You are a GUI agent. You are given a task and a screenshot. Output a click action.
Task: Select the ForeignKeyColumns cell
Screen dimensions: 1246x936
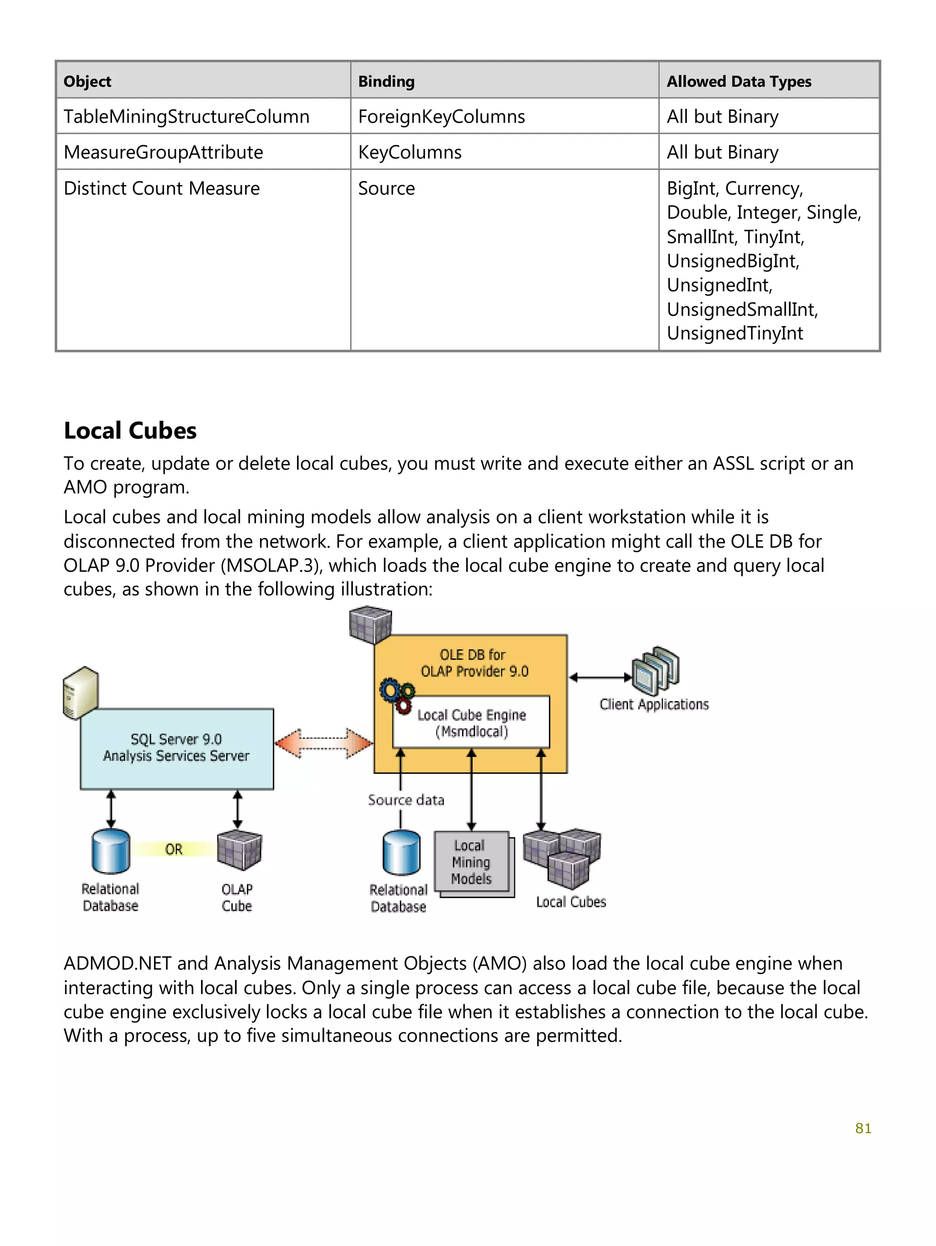coord(441,117)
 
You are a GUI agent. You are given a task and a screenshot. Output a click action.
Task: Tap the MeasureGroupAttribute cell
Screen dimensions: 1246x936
coord(163,152)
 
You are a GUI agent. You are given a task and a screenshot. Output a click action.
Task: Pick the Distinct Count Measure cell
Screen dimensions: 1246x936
coord(162,188)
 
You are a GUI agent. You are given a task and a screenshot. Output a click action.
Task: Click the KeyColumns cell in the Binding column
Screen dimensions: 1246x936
coord(409,152)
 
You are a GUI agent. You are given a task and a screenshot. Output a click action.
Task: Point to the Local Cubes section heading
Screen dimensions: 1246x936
coord(130,431)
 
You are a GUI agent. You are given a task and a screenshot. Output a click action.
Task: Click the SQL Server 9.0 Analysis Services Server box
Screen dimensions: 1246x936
coord(177,748)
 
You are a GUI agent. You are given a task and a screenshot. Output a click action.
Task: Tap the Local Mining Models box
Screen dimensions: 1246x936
coord(472,863)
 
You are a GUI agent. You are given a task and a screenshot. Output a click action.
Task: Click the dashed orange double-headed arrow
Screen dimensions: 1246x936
coord(324,743)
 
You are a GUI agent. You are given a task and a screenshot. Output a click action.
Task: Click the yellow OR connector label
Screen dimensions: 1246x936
coord(174,849)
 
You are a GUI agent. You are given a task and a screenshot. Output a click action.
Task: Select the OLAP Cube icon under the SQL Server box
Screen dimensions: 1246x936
coord(239,850)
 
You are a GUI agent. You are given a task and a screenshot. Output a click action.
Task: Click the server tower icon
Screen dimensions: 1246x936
coord(80,693)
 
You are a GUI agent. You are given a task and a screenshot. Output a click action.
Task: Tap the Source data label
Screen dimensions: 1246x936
coord(406,800)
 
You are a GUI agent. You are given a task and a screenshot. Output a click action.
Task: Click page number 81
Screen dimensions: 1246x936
coord(863,1128)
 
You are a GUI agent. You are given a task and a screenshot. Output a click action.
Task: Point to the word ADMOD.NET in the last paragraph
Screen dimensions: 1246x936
coord(117,964)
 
